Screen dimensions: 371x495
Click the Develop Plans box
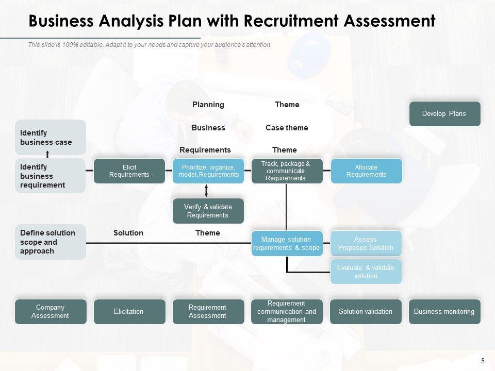tap(444, 114)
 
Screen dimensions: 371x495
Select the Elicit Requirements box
tap(129, 171)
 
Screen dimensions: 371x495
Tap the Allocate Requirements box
tap(366, 171)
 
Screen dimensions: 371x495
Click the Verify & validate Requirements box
tap(208, 211)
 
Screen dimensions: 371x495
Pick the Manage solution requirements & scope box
tap(287, 243)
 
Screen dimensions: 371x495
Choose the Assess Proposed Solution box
tap(366, 243)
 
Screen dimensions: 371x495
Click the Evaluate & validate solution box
tap(366, 272)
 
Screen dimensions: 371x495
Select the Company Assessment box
tap(50, 311)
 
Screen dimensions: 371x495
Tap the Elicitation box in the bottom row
tap(129, 311)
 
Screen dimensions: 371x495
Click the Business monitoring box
tap(444, 311)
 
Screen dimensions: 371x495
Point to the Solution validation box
tap(366, 311)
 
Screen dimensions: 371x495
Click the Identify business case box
tap(50, 138)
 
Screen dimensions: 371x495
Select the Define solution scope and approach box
tap(50, 242)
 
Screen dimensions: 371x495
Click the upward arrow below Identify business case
tap(48, 154)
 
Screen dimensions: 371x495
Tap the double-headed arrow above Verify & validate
tap(207, 191)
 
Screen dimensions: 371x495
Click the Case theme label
tap(287, 128)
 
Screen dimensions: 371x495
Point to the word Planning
tap(208, 105)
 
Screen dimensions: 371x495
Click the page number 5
tap(483, 361)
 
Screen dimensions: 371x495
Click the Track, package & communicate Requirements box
tap(287, 171)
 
